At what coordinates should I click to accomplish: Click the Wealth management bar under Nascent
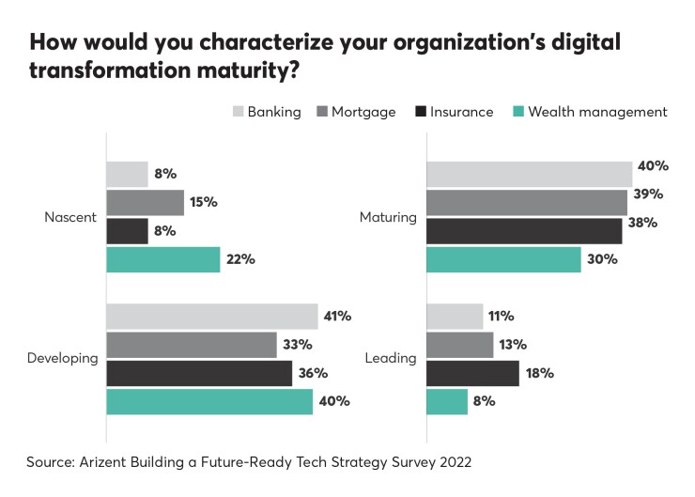[x=162, y=259]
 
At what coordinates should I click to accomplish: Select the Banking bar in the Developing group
[x=211, y=317]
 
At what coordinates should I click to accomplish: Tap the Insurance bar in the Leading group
[x=472, y=373]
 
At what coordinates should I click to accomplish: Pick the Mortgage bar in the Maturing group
[x=527, y=202]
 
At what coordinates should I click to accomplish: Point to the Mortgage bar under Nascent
[x=145, y=202]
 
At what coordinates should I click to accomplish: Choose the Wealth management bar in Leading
[x=447, y=401]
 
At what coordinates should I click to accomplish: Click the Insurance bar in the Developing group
[x=199, y=373]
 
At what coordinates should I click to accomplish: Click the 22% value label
[x=241, y=259]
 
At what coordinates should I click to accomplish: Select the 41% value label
[x=337, y=317]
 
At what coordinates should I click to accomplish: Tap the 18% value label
[x=539, y=373]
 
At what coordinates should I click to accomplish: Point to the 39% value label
[x=649, y=194]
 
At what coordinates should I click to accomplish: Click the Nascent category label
[x=70, y=217]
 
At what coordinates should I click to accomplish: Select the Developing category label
[x=62, y=359]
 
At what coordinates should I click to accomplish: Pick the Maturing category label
[x=388, y=217]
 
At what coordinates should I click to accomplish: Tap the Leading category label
[x=391, y=359]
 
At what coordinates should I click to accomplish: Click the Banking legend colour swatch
[x=238, y=112]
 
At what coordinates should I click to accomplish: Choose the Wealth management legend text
[x=597, y=112]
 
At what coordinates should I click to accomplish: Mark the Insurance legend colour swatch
[x=419, y=112]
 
